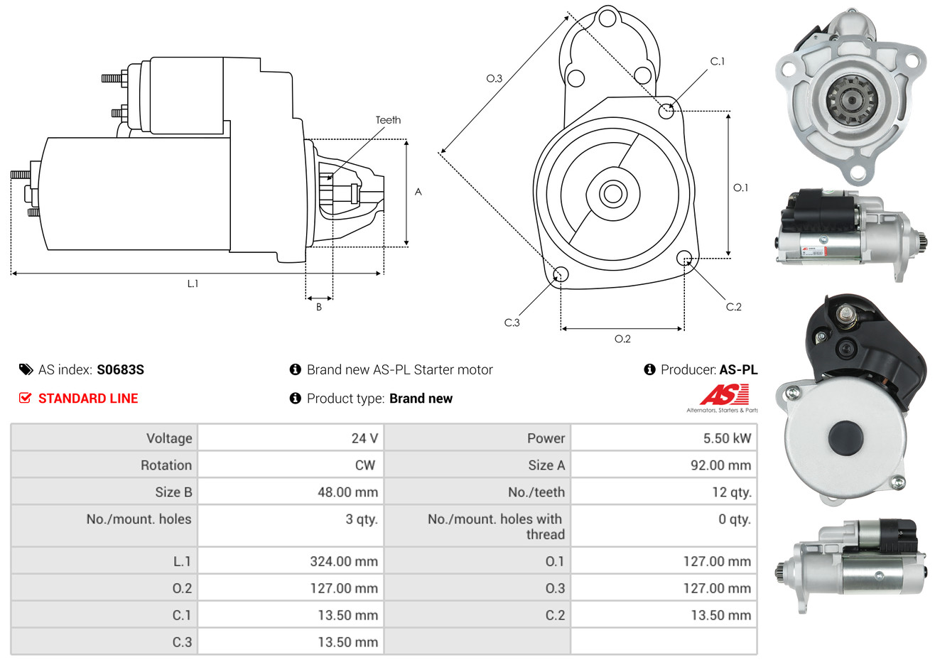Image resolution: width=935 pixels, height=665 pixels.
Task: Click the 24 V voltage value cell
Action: pyautogui.click(x=364, y=438)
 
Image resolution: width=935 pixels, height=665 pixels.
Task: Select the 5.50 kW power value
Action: pyautogui.click(x=727, y=438)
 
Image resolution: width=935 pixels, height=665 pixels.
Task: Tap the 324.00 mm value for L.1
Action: pyautogui.click(x=344, y=561)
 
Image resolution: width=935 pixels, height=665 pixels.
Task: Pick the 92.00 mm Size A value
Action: pyautogui.click(x=720, y=465)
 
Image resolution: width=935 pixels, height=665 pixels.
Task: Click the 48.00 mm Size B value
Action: pyautogui.click(x=347, y=492)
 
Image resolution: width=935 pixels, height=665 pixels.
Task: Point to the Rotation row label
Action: pyautogui.click(x=166, y=465)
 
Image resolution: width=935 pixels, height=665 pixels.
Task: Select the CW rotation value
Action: pyautogui.click(x=364, y=465)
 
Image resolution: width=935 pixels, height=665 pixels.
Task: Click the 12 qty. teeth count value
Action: pyautogui.click(x=731, y=492)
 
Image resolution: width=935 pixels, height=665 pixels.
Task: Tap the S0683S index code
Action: pyautogui.click(x=120, y=370)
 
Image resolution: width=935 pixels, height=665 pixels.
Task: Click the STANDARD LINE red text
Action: pyautogui.click(x=88, y=399)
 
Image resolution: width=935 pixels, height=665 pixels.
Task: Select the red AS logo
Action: pyautogui.click(x=724, y=395)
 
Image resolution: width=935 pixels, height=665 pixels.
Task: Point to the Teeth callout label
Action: pyautogui.click(x=388, y=120)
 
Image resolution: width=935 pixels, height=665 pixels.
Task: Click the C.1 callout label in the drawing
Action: pyautogui.click(x=717, y=61)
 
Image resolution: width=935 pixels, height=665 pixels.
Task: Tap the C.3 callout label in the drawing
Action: pyautogui.click(x=512, y=323)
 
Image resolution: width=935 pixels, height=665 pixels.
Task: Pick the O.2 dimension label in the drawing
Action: pyautogui.click(x=622, y=339)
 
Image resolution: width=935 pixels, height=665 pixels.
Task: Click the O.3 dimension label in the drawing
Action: pyautogui.click(x=494, y=78)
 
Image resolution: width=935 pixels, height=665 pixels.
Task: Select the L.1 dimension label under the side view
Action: pyautogui.click(x=193, y=284)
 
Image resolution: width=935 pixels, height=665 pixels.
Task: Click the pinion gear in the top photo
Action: pyautogui.click(x=851, y=99)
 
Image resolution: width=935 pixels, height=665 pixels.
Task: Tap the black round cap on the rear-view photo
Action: pyautogui.click(x=845, y=438)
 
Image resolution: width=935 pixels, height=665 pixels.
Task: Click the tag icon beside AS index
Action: pyautogui.click(x=26, y=370)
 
